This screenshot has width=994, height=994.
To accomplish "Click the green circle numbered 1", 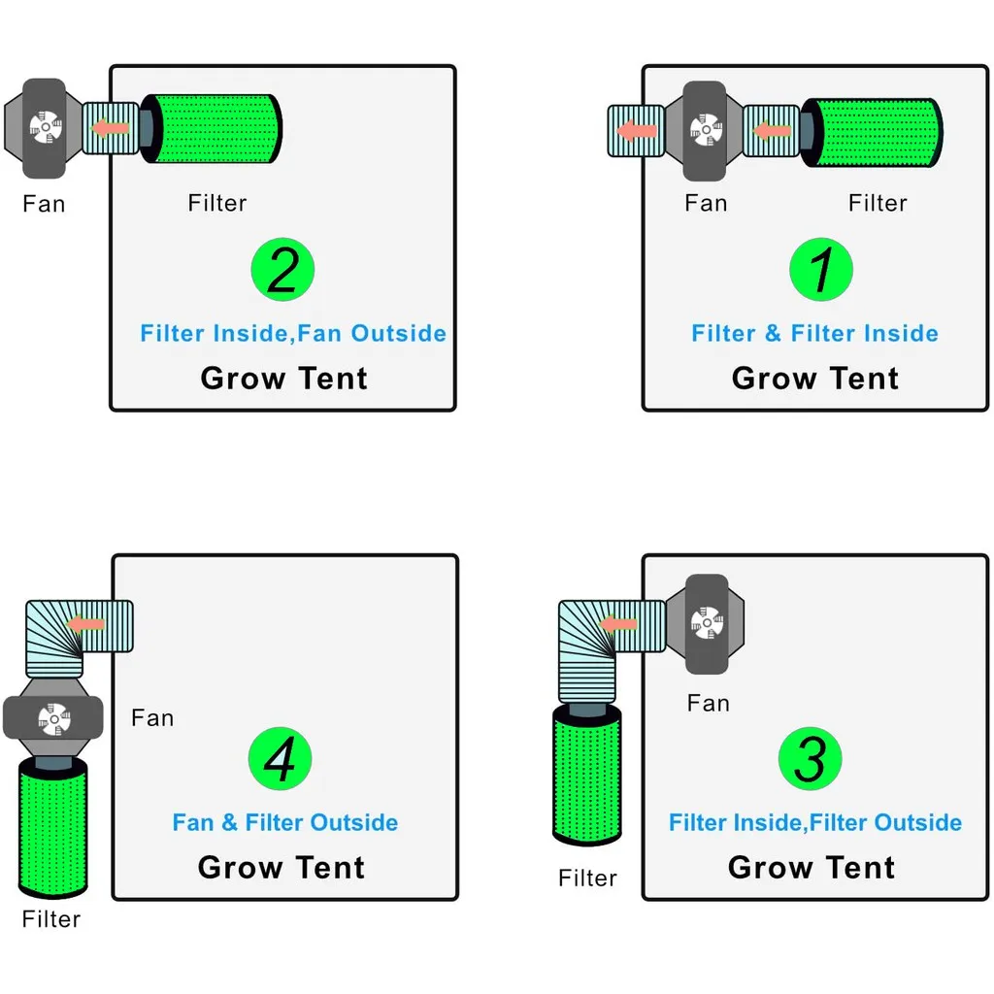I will (x=821, y=269).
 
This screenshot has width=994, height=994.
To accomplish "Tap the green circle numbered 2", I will (x=282, y=269).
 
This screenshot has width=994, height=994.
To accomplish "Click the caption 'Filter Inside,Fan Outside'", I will (x=293, y=334).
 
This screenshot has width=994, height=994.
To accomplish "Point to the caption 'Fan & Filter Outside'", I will (x=285, y=823).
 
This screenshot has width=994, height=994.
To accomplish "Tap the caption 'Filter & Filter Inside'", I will (x=814, y=334).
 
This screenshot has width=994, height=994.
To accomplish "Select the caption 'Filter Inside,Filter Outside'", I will (x=815, y=823).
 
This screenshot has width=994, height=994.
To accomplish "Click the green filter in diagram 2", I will (x=215, y=129).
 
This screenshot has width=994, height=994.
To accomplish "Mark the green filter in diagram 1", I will (x=875, y=132).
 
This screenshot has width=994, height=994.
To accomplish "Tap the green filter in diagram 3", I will (x=587, y=776).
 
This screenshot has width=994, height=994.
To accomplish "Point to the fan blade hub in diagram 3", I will (x=706, y=622).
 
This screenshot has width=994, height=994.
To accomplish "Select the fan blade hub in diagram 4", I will (x=50, y=718).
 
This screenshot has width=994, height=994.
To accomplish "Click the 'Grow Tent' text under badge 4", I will (x=282, y=867).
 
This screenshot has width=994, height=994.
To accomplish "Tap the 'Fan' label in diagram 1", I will (x=706, y=203).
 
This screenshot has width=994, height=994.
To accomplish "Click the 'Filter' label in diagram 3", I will (x=587, y=878).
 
